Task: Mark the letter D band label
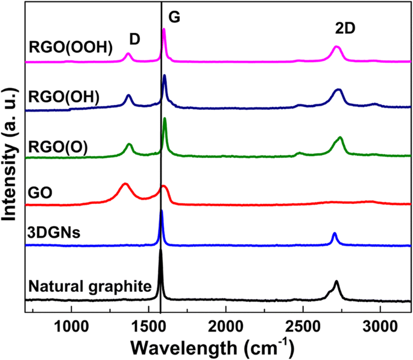(135, 39)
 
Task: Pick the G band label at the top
(174, 18)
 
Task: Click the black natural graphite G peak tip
(160, 250)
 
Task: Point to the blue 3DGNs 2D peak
(335, 233)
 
